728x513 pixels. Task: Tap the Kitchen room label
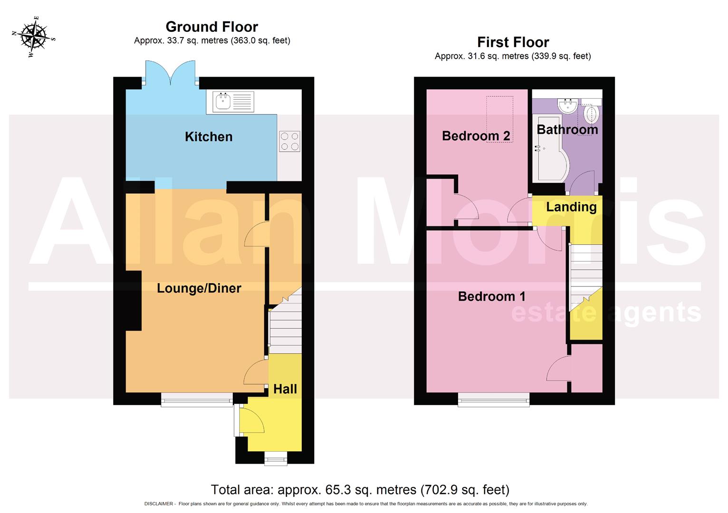pyautogui.click(x=209, y=137)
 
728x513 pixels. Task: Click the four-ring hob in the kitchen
pyautogui.click(x=289, y=141)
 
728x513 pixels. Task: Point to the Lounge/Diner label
pyautogui.click(x=199, y=288)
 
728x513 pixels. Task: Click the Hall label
pyautogui.click(x=285, y=389)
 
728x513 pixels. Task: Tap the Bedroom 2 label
pyautogui.click(x=476, y=136)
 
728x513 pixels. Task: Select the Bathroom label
pyautogui.click(x=567, y=129)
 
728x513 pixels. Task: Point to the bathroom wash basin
pyautogui.click(x=568, y=105)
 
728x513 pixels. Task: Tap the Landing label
pyautogui.click(x=571, y=207)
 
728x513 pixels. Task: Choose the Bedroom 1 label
pyautogui.click(x=491, y=296)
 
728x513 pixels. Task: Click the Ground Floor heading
pyautogui.click(x=211, y=27)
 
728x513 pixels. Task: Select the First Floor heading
pyautogui.click(x=513, y=42)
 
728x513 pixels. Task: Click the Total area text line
pyautogui.click(x=360, y=489)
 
